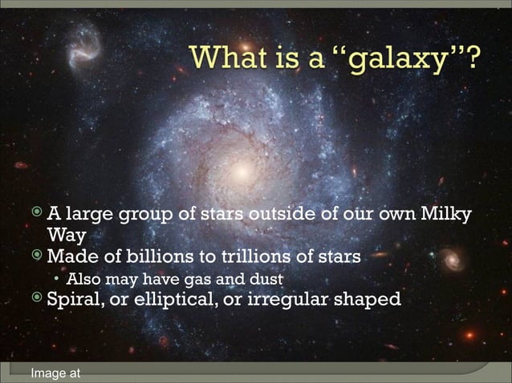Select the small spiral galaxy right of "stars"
point(453,259)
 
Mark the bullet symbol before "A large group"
point(38,215)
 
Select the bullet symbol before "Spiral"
point(38,300)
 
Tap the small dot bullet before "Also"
point(56,280)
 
